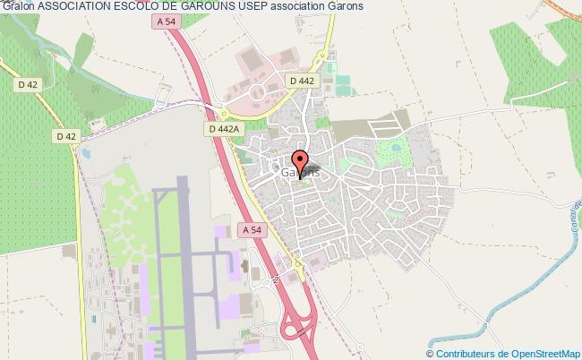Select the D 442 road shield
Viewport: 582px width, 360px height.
[x=301, y=81]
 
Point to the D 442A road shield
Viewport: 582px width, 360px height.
[x=219, y=130]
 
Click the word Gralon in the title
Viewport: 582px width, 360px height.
[x=18, y=8]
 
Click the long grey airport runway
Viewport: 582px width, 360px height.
[x=183, y=260]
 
